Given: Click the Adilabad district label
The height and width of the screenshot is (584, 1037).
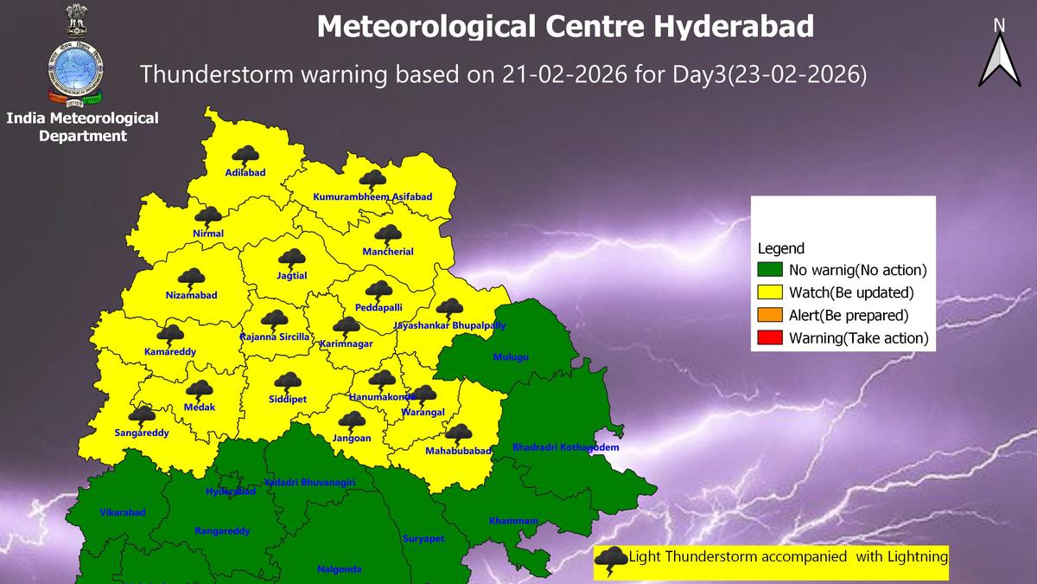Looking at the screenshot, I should coord(245,173).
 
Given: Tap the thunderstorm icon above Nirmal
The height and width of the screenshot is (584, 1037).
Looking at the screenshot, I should coord(207,217).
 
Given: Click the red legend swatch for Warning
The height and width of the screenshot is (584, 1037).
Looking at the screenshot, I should coord(772,338).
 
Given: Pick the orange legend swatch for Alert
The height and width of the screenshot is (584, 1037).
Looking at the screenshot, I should coord(772,316).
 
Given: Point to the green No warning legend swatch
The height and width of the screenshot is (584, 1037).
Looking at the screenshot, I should coord(772,270).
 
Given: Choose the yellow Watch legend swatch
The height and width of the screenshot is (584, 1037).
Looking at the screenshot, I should coord(772,292).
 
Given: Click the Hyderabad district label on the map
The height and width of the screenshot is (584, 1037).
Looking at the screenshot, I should coord(231,491).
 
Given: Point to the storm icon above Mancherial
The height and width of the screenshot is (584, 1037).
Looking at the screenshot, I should coord(387,234).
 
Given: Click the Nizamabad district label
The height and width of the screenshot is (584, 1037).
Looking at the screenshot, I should coord(191,296).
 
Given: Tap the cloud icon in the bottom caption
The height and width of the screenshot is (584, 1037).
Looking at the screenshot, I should coord(613,558).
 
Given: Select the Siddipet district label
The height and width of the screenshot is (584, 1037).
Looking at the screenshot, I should coord(286,399).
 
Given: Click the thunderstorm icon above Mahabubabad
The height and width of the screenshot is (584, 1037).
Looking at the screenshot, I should coord(457,433).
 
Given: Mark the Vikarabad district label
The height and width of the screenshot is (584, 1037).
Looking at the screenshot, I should coord(123,512).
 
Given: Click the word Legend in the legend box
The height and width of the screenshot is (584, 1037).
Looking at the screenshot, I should coord(780,248).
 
